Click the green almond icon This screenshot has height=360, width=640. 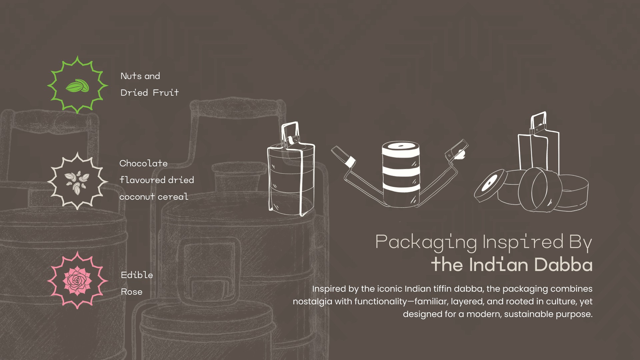tap(77, 86)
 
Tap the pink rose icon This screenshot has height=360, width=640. tap(77, 280)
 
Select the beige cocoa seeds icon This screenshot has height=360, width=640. tap(77, 182)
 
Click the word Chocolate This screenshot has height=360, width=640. tap(143, 163)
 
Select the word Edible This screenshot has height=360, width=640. tap(137, 275)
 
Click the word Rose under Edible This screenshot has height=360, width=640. tap(131, 292)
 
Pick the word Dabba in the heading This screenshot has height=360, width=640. tap(563, 265)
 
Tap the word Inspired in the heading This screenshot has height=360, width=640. tap(523, 242)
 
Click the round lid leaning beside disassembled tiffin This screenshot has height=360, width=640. tap(490, 185)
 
